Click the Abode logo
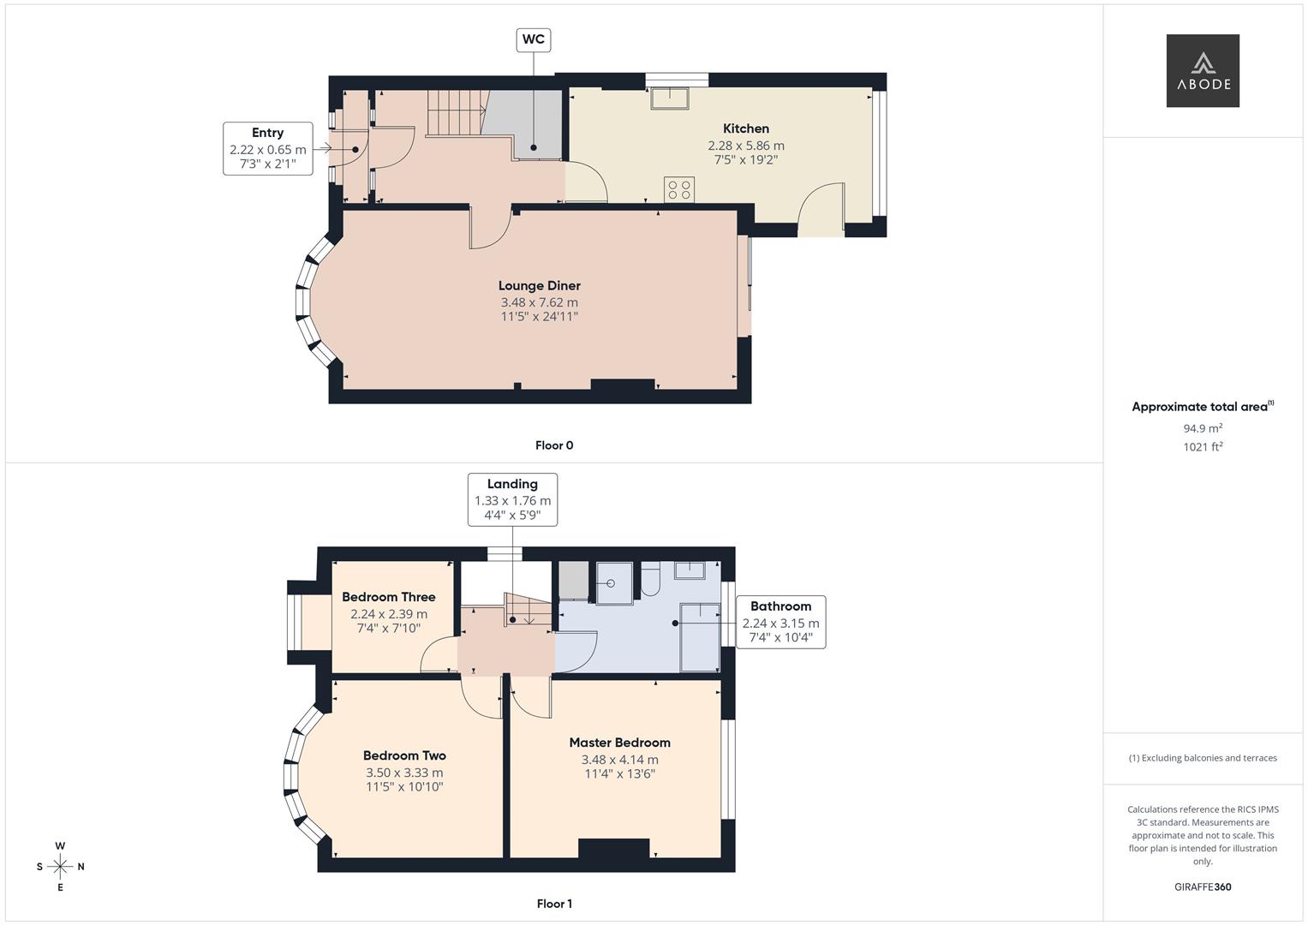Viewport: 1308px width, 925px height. [x=1203, y=71]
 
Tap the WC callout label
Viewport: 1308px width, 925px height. [x=533, y=39]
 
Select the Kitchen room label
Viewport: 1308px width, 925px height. [x=745, y=128]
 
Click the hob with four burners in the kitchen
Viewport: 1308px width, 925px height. [x=679, y=189]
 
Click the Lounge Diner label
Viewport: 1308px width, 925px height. [x=540, y=286]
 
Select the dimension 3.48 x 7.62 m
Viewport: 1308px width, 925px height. [x=540, y=302]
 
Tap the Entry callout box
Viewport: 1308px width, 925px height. [x=267, y=148]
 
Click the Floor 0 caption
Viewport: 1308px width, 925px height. [x=554, y=445]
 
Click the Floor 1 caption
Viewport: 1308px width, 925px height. [x=554, y=904]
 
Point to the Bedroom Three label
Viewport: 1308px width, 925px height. [x=389, y=597]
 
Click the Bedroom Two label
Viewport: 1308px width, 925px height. [x=404, y=755]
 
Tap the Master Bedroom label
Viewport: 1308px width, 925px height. [x=619, y=743]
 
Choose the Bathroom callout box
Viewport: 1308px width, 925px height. [x=780, y=622]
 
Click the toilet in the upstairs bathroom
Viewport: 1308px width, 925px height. [x=650, y=579]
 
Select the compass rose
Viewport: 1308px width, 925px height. [x=60, y=867]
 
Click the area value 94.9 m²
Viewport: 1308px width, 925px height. [x=1203, y=428]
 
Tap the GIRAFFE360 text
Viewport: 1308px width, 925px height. [x=1203, y=887]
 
